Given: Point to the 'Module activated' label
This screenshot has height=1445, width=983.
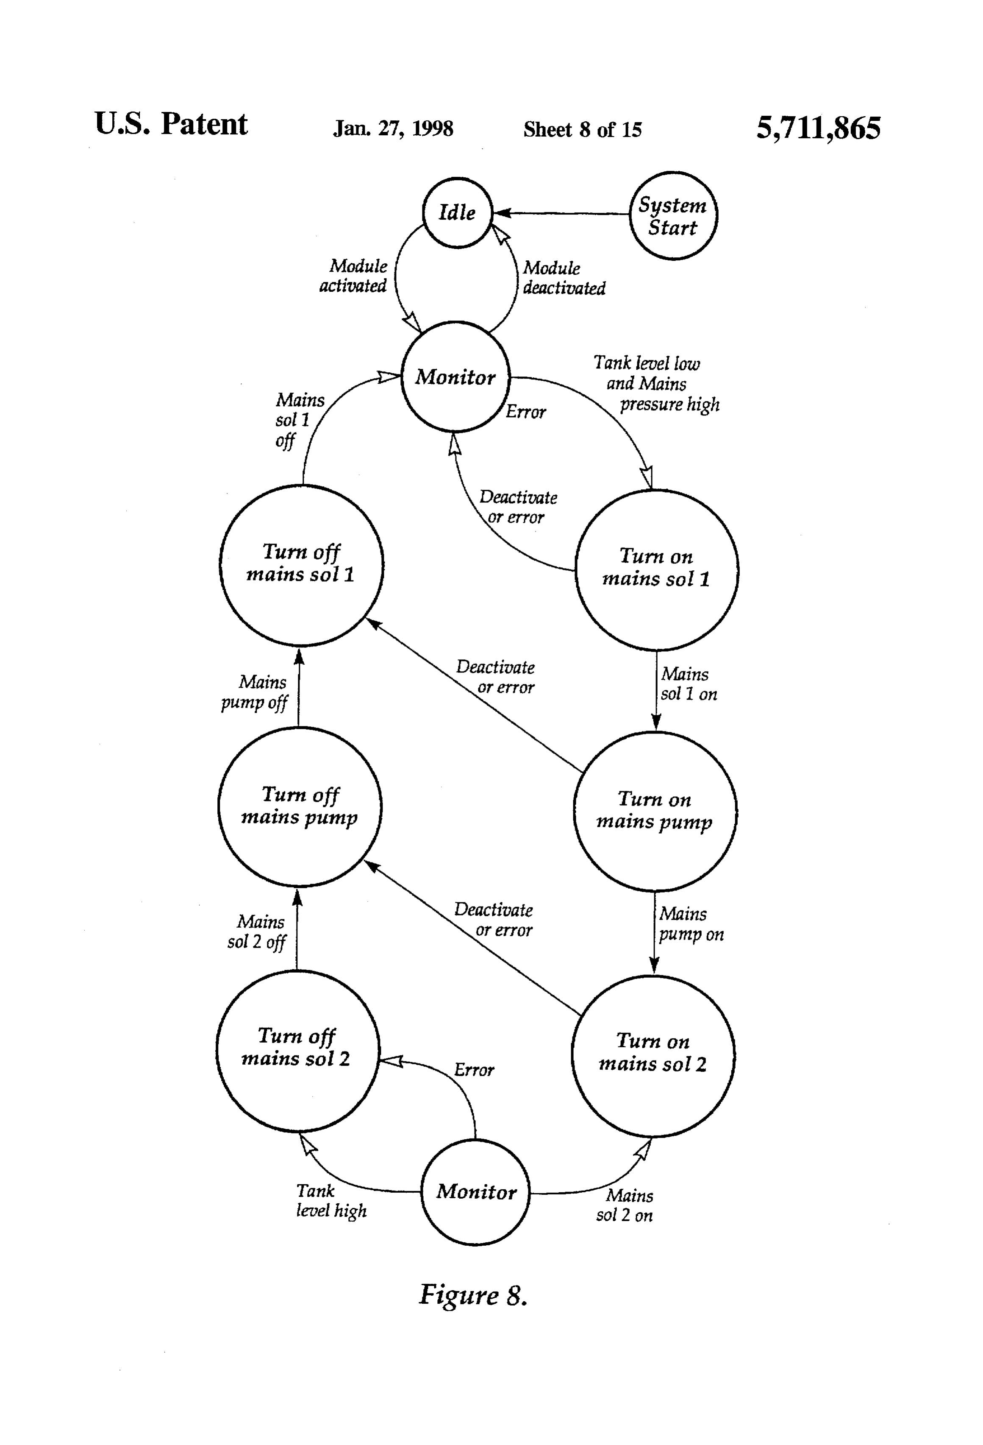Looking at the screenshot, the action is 353,276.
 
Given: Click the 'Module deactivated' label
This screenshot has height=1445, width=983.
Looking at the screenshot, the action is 564,278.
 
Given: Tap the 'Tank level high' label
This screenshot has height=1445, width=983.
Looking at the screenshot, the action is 330,1200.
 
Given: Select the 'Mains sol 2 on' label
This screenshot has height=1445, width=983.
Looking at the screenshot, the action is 625,1205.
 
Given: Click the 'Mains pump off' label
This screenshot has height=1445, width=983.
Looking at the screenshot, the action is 254,693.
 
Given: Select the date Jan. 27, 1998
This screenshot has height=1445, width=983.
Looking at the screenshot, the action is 393,129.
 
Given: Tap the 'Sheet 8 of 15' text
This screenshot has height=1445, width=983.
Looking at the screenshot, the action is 582,129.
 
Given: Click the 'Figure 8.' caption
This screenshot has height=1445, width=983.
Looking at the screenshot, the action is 473,1296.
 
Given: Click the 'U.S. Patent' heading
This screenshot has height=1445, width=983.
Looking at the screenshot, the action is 171,124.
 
